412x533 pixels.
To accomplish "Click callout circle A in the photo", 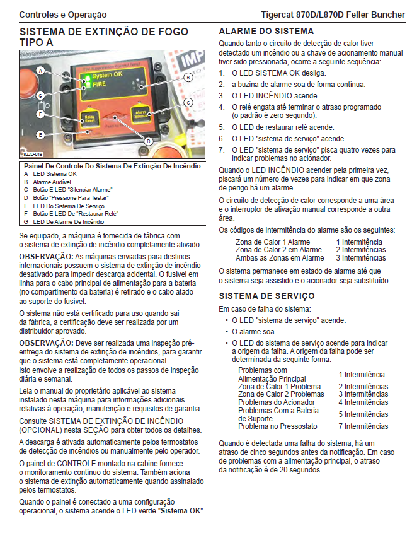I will pyautogui.click(x=40, y=71).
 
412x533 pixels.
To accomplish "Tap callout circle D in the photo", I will pyautogui.click(x=148, y=141).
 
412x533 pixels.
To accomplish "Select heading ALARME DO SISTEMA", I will pyautogui.click(x=266, y=31).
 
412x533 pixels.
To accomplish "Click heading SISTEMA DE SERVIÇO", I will pyautogui.click(x=266, y=295).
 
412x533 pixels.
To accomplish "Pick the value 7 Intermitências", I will pyautogui.click(x=363, y=426).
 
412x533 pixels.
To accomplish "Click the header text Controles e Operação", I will pyautogui.click(x=63, y=14).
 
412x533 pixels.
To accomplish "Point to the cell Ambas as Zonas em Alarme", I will pyautogui.click(x=280, y=257).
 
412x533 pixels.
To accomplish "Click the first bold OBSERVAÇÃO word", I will pyautogui.click(x=46, y=257).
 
